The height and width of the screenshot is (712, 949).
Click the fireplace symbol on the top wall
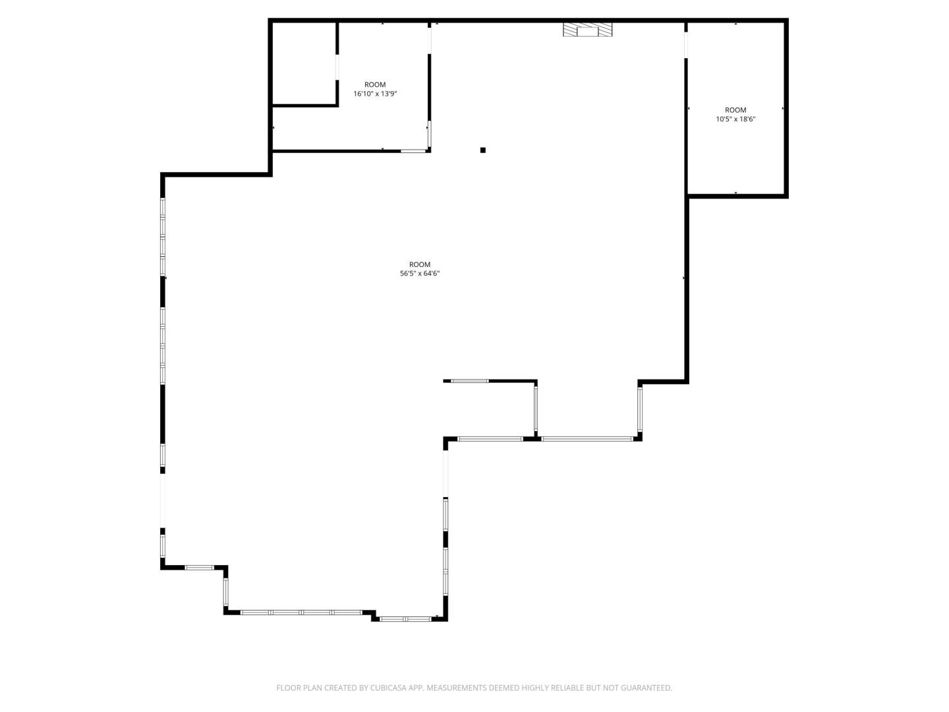point(587,30)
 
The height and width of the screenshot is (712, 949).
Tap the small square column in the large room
point(483,150)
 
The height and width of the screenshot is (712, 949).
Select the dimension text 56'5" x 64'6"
point(419,273)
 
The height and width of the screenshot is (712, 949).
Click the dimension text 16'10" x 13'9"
point(375,94)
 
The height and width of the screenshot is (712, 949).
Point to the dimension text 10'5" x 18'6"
point(735,119)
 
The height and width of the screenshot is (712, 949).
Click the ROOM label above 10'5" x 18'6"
point(735,110)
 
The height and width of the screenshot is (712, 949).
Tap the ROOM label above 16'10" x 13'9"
point(375,85)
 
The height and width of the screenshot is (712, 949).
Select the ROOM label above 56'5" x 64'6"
point(419,264)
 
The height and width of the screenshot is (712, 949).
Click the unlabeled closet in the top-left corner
point(304,63)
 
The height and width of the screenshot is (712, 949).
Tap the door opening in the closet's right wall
point(337,67)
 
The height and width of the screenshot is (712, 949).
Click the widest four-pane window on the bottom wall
point(301,612)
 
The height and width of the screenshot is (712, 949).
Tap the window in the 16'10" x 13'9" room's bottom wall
point(413,151)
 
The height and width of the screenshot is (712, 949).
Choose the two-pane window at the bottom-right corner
point(405,619)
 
